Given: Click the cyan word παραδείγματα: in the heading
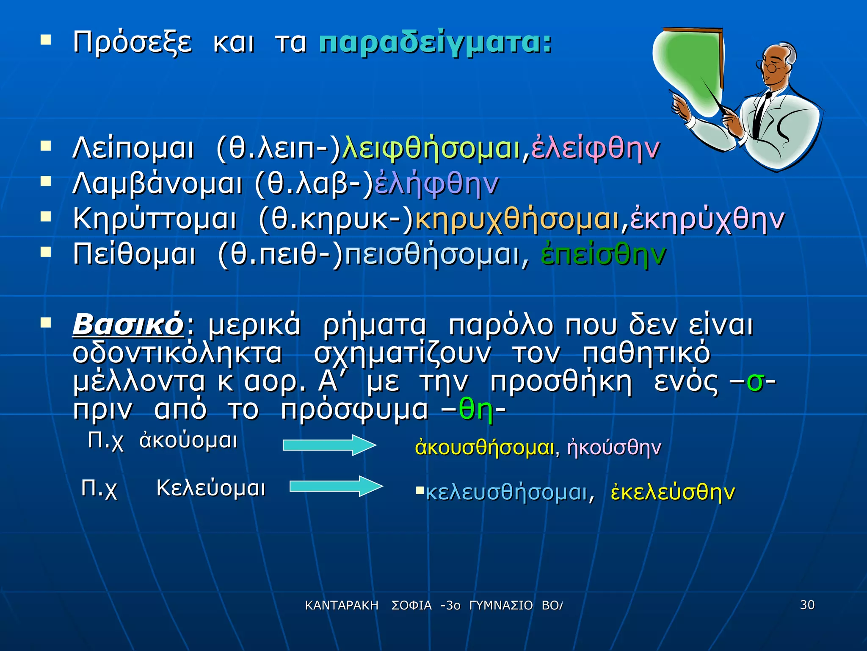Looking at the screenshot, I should pyautogui.click(x=435, y=43).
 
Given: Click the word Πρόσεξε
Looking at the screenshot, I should pyautogui.click(x=132, y=43).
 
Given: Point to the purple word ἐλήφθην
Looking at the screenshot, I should pyautogui.click(x=436, y=185).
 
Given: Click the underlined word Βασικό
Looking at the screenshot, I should pyautogui.click(x=128, y=325).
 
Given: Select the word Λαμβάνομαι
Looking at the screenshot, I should pyautogui.click(x=157, y=185).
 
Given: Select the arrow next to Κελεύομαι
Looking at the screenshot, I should pyautogui.click(x=336, y=486).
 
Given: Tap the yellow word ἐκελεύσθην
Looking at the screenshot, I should pyautogui.click(x=673, y=492).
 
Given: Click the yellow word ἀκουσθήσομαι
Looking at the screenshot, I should pyautogui.click(x=484, y=448).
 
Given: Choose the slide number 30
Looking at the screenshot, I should pyautogui.click(x=807, y=605).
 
